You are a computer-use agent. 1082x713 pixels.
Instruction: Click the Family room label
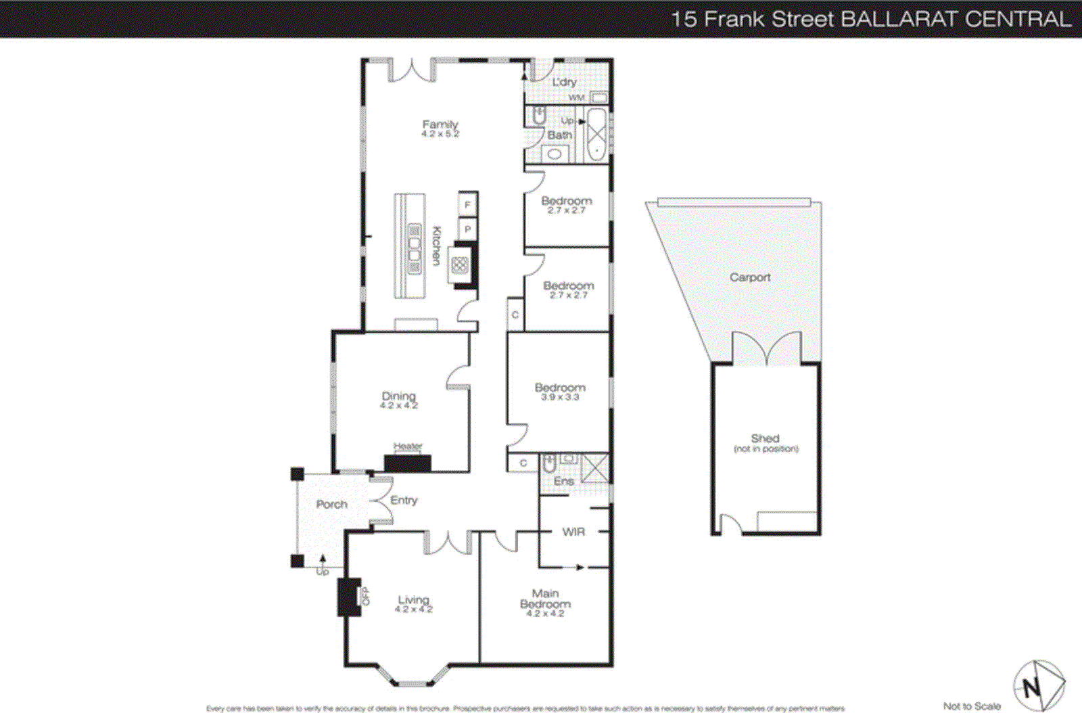click(440, 124)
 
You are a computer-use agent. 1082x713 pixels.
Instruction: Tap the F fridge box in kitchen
click(467, 204)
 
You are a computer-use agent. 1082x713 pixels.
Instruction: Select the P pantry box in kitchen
click(467, 229)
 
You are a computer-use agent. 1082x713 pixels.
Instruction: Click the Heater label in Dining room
click(408, 446)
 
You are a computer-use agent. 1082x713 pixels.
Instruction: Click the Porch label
click(331, 505)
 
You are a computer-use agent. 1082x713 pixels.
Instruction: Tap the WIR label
click(573, 532)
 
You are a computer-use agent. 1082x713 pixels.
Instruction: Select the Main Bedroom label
click(545, 599)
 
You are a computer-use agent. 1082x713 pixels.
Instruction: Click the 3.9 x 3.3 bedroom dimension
click(560, 397)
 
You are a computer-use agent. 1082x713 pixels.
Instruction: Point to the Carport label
click(749, 277)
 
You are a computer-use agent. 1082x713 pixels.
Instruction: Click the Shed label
click(765, 438)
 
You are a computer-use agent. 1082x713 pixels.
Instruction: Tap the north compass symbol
click(1038, 686)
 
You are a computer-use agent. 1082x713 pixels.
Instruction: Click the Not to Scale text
click(971, 706)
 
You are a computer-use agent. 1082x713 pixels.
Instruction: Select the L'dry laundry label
click(564, 83)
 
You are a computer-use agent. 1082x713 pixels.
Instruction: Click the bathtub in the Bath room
click(597, 134)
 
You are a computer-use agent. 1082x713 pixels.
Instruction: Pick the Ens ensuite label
click(563, 481)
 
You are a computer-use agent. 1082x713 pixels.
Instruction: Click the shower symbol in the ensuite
click(596, 468)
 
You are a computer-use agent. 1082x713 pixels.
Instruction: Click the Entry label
click(404, 501)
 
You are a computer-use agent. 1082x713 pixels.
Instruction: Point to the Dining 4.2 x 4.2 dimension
click(399, 405)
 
